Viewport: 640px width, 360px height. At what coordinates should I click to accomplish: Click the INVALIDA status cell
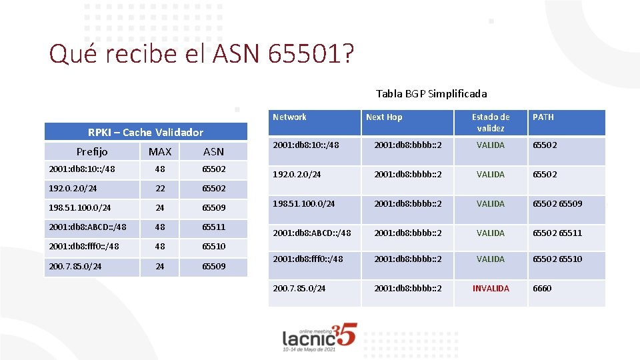(491, 289)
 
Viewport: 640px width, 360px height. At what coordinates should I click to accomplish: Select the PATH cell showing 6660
(542, 289)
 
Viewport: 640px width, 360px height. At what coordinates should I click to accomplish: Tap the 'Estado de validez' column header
(491, 122)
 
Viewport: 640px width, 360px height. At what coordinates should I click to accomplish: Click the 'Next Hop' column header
(384, 117)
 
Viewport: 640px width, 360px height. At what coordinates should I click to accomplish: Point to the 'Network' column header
(289, 117)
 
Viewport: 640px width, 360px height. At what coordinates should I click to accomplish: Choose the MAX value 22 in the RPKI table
(160, 189)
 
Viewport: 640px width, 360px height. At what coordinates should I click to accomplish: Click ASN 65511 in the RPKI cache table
(213, 227)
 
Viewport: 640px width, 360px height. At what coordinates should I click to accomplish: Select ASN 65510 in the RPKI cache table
(213, 246)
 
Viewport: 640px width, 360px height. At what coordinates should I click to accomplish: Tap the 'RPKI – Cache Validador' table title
(145, 132)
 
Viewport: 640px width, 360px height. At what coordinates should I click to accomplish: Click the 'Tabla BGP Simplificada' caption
(431, 93)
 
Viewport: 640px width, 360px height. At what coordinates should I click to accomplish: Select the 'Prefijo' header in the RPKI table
(92, 151)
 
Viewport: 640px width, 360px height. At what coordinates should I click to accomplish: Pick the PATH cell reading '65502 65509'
(557, 204)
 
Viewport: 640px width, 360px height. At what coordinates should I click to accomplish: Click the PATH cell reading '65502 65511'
(557, 233)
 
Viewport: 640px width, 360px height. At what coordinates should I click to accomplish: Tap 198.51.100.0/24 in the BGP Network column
(304, 204)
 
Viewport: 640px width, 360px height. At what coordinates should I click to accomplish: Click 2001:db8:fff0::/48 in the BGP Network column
(308, 259)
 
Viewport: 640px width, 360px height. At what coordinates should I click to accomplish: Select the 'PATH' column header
(543, 117)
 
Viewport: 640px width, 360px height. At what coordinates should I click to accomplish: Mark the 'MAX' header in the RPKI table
(160, 151)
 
